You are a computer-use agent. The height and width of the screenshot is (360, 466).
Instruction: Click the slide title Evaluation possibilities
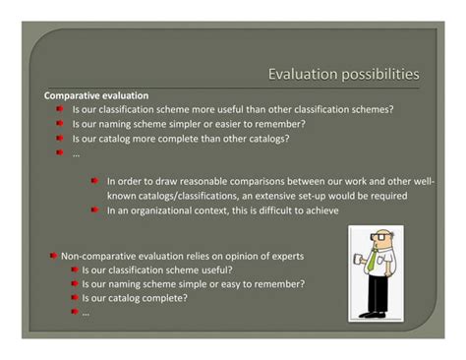tap(344, 74)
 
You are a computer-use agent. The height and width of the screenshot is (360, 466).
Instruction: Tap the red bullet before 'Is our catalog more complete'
tap(60, 139)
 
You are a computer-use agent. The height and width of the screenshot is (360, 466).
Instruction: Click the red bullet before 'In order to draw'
tap(95, 181)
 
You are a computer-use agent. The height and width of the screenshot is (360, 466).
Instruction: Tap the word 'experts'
tap(285, 256)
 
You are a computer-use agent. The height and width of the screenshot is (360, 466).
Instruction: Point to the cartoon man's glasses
tap(374, 239)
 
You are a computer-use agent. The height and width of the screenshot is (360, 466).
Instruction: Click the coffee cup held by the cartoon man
tap(355, 262)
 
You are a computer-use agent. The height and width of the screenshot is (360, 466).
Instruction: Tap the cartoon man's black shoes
tap(373, 315)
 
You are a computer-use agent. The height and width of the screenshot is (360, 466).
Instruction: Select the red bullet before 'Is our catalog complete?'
tap(73, 298)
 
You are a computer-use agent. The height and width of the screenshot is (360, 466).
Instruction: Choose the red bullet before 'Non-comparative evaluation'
tap(53, 256)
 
